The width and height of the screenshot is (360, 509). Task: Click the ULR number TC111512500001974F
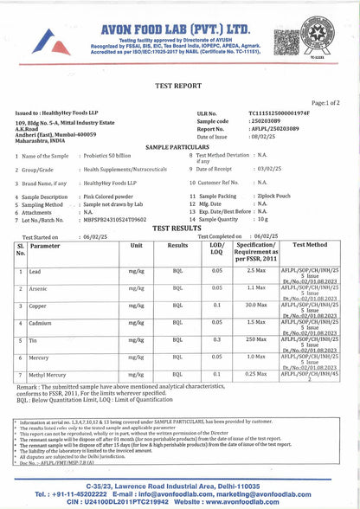pos(280,113)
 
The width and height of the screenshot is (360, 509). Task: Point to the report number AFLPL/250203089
pos(277,129)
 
